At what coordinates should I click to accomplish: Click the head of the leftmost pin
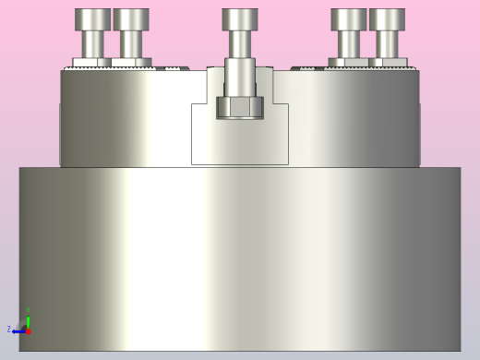click(92, 19)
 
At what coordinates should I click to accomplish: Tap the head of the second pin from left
click(131, 19)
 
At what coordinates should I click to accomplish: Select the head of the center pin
click(240, 19)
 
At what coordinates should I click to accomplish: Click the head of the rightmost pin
click(387, 19)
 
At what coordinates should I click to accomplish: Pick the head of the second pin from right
click(349, 19)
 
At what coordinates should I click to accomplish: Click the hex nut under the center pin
click(240, 107)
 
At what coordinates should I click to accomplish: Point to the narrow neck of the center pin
click(240, 44)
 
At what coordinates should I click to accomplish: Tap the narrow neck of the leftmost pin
click(92, 43)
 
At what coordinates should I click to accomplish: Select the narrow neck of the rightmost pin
click(387, 43)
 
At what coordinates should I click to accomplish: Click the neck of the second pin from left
click(131, 43)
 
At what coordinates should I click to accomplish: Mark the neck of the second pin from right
click(349, 43)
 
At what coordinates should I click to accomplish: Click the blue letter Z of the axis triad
click(9, 330)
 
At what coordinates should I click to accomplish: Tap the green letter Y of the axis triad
click(28, 310)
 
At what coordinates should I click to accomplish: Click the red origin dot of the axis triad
click(28, 330)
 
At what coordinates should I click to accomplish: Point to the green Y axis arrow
click(28, 320)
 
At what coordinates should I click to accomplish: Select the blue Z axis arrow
click(18, 330)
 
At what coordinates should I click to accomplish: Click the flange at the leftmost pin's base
click(92, 63)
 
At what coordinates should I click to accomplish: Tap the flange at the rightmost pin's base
click(387, 63)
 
